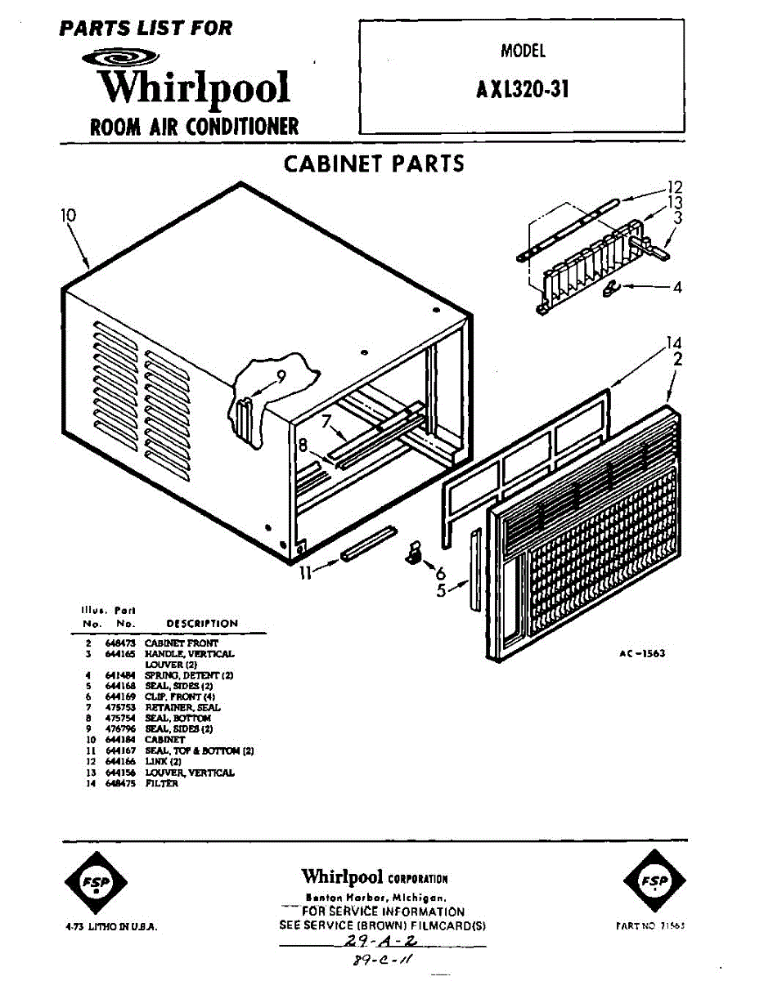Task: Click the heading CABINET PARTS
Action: (374, 163)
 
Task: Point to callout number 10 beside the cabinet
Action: (68, 215)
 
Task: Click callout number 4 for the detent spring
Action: (677, 287)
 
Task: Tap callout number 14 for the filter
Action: (673, 343)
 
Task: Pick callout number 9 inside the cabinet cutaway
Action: (281, 378)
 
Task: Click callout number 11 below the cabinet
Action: (304, 572)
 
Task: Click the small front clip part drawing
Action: (414, 552)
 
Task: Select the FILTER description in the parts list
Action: (161, 783)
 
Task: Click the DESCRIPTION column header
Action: (202, 623)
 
